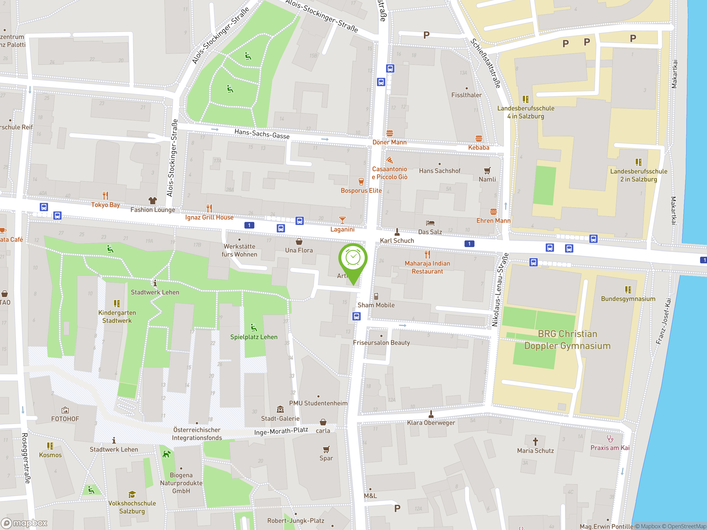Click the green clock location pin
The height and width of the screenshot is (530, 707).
pos(353,259)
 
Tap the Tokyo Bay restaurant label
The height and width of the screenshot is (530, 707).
pos(105,205)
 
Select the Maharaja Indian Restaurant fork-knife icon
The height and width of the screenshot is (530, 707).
pos(427,254)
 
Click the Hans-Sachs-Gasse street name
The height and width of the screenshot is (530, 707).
pos(262,134)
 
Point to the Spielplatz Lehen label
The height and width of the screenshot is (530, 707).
pos(254,337)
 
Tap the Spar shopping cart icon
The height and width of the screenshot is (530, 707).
pos(326,449)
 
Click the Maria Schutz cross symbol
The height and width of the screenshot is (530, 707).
pos(535,441)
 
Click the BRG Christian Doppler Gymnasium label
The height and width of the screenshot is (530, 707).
pos(567,340)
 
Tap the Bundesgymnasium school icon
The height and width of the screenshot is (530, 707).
pos(628,290)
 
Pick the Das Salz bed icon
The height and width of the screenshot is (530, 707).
pos(430,223)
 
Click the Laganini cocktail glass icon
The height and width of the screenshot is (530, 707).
pos(342,220)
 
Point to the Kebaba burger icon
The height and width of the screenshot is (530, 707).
pos(479,139)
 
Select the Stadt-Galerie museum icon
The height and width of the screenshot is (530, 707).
pos(280,409)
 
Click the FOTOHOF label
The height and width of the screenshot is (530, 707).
pos(65,419)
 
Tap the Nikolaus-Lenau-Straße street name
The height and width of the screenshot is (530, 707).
pos(500,290)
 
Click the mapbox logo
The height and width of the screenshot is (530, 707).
pos(24,523)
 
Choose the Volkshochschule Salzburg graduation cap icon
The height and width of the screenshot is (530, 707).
pos(132,495)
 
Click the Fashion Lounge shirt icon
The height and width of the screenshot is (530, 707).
pos(153,200)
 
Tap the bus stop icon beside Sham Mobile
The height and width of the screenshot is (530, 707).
pos(356,316)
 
